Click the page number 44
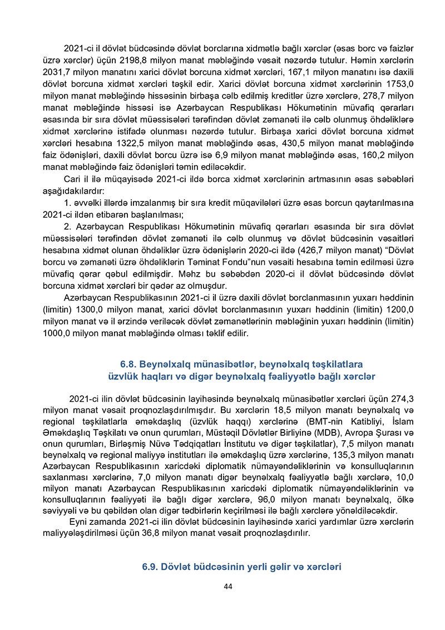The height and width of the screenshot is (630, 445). click(x=228, y=587)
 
